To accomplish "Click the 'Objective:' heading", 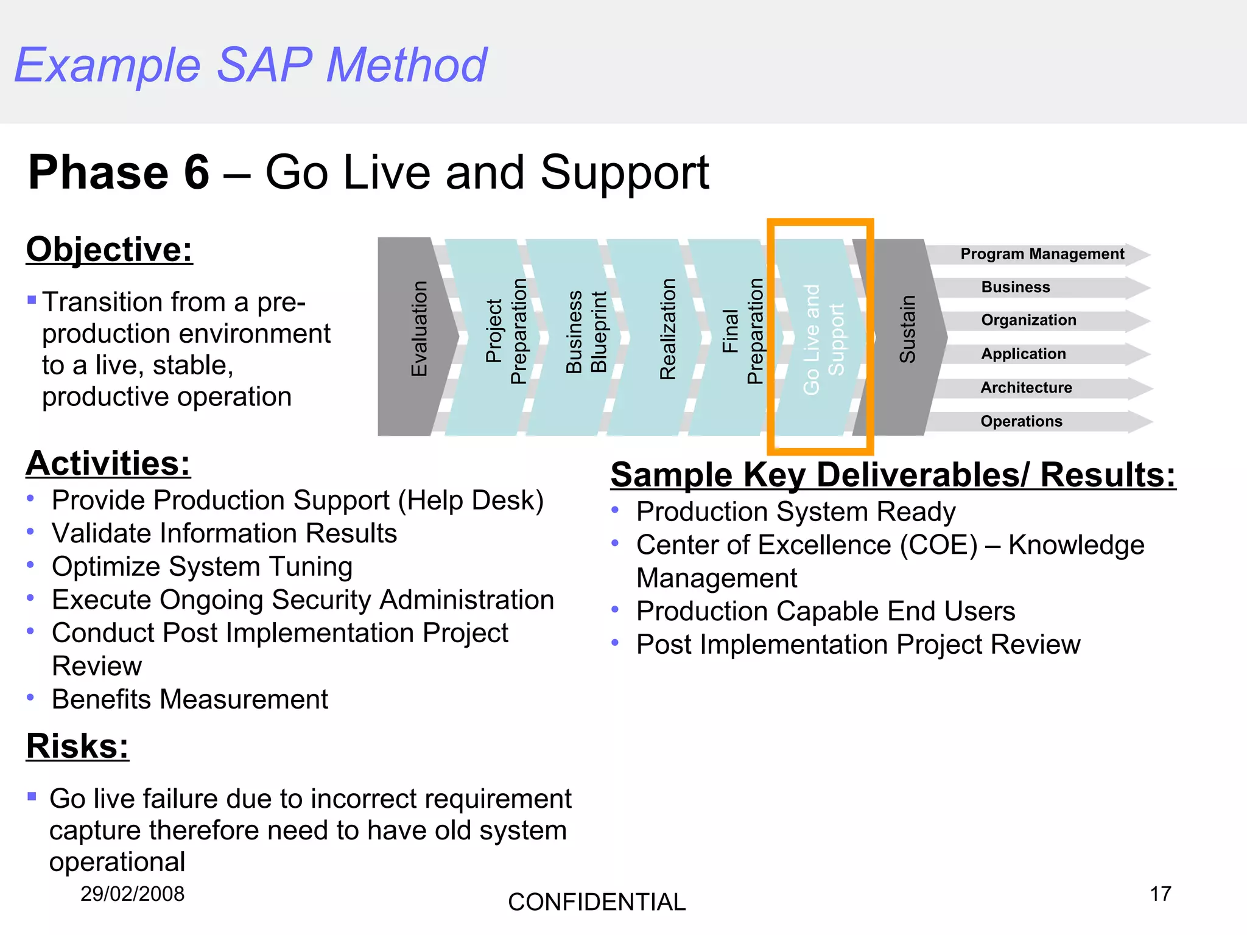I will (x=110, y=250).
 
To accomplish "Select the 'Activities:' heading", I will (x=108, y=463).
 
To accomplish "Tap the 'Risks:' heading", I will (x=77, y=746).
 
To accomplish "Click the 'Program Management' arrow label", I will (x=1042, y=254).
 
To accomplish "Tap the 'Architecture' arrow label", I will (x=1026, y=388).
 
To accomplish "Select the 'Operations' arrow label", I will (x=1021, y=421).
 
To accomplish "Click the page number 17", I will (x=1160, y=894).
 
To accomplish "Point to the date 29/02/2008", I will (x=132, y=894).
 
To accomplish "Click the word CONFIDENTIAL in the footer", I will (x=596, y=902).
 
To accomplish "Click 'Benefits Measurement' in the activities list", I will (x=190, y=699).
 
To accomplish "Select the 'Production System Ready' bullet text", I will (x=795, y=512).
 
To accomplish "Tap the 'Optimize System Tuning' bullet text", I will (x=202, y=567).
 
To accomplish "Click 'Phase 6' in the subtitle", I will (x=119, y=173).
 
